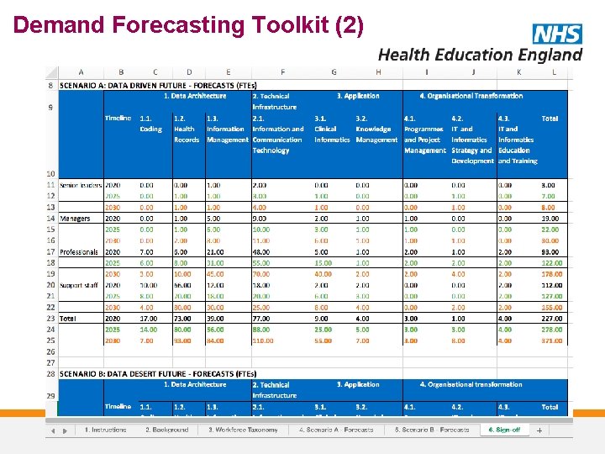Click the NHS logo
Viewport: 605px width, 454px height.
557,34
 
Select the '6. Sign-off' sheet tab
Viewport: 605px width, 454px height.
504,430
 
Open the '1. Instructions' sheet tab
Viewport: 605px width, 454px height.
105,430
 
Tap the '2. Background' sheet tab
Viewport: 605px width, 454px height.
166,430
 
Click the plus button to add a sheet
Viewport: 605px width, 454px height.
539,430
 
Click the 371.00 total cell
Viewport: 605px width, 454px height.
550,340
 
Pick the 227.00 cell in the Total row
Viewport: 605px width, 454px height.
550,319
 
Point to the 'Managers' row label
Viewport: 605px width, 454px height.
75,218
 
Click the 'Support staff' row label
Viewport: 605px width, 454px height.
78,285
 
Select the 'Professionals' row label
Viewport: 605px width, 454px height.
79,251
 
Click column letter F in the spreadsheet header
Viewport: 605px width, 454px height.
282,72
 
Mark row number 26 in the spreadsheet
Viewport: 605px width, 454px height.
51,351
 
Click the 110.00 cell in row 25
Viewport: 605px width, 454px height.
263,340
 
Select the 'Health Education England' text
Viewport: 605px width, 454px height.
480,55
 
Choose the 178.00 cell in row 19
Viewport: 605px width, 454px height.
550,274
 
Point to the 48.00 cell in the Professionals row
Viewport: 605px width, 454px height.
260,251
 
